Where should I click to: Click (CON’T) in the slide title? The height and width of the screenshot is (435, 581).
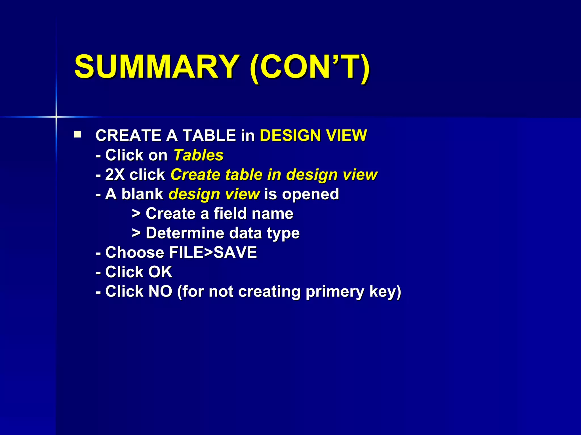click(x=310, y=67)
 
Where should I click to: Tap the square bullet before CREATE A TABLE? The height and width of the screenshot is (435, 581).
click(x=77, y=134)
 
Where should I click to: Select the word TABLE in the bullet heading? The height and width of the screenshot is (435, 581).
click(x=209, y=135)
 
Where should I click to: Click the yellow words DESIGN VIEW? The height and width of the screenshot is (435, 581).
click(x=313, y=135)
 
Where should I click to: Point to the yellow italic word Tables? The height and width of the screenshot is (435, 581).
click(x=198, y=155)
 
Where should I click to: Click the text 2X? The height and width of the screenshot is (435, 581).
click(x=115, y=175)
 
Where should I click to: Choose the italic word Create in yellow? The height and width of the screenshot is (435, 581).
click(x=195, y=175)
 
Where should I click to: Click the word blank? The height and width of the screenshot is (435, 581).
click(x=142, y=194)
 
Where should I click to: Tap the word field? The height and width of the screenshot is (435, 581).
click(x=230, y=214)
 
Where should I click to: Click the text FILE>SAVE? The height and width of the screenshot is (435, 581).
click(x=213, y=253)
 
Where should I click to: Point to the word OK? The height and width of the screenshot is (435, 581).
click(x=160, y=272)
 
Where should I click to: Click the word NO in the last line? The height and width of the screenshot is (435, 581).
click(x=160, y=291)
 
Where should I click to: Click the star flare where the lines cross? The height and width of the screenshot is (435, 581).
click(x=56, y=117)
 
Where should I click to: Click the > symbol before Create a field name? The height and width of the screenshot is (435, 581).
click(x=136, y=214)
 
